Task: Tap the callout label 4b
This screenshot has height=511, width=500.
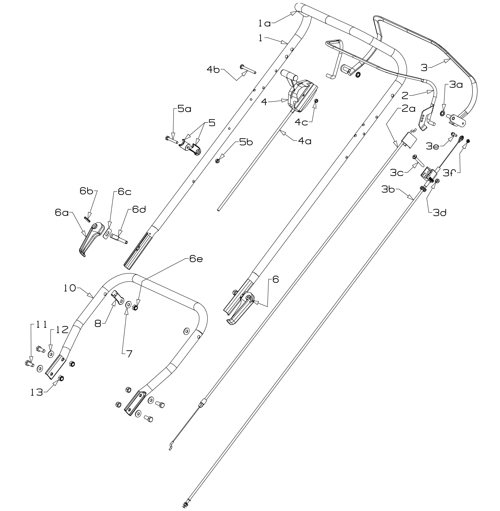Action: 213,70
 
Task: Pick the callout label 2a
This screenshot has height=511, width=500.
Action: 409,108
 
